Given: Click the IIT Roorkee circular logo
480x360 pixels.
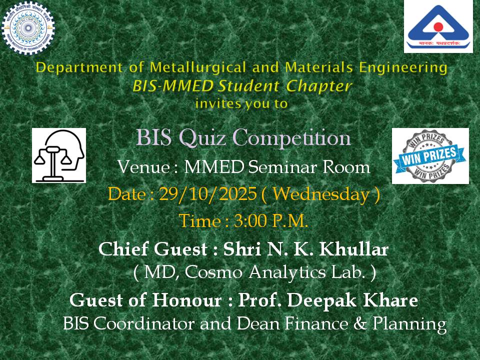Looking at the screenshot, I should click(x=28, y=28).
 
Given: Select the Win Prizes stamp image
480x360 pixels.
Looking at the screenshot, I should click(x=430, y=155).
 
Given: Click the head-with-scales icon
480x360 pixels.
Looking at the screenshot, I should click(x=59, y=155).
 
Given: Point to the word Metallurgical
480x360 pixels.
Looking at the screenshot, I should click(x=205, y=67).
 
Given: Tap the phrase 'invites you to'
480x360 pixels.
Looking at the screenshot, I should click(x=242, y=103).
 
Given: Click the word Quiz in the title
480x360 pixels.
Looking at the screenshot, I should click(x=202, y=137).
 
